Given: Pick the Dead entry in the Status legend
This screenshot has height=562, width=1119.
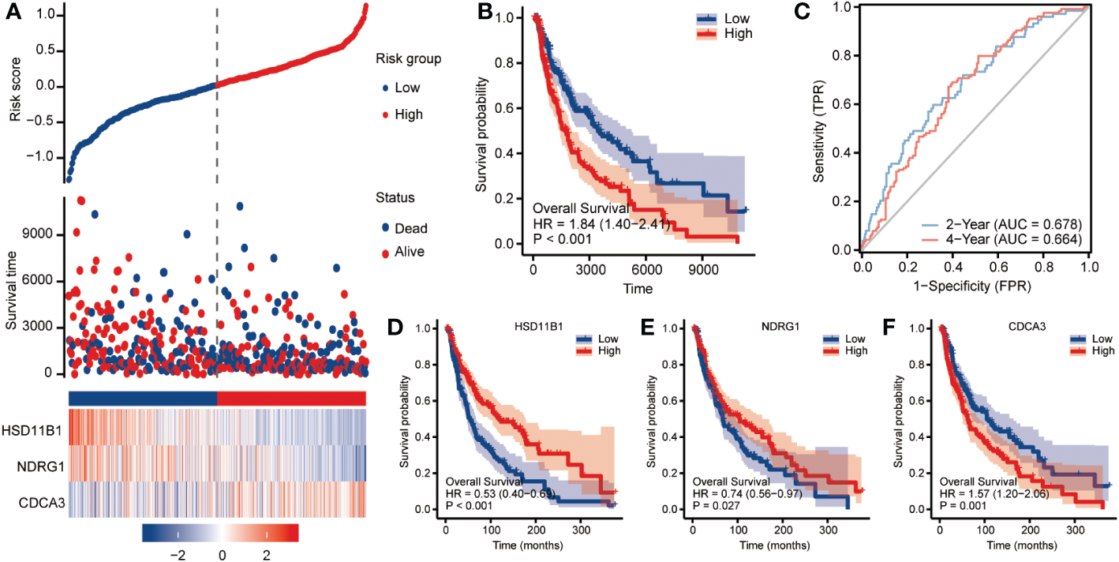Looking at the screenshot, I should (x=410, y=228).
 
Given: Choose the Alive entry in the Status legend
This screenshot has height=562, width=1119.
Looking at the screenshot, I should (x=410, y=252).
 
